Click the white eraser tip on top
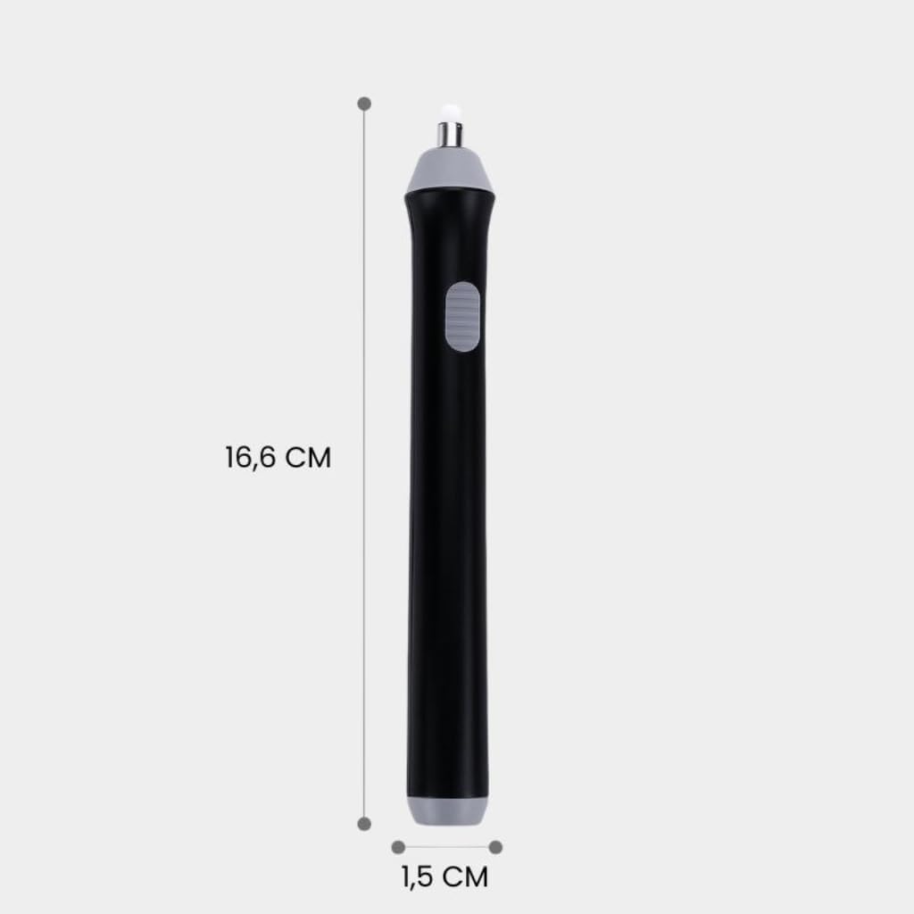coord(450,113)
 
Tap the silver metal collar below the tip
coord(450,136)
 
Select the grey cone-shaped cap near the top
coord(449,170)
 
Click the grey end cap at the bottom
coord(448,810)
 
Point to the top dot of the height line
coord(364,104)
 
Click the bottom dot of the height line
coord(364,824)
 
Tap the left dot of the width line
coord(399,847)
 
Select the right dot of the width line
coord(495,847)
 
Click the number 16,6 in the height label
coord(251,458)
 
